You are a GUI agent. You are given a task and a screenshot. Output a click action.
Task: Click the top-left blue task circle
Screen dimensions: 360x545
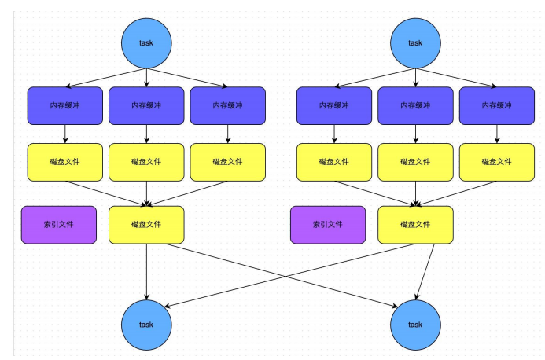pyautogui.click(x=146, y=42)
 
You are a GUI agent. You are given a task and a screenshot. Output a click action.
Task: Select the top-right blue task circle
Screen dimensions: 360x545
pyautogui.click(x=415, y=42)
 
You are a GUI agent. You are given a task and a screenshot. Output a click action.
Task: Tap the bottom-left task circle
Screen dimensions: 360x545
pyautogui.click(x=146, y=324)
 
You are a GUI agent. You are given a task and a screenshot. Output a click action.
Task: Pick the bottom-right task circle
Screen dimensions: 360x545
pyautogui.click(x=415, y=324)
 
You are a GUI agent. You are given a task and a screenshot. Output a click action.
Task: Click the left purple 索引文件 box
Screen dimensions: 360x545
pyautogui.click(x=59, y=225)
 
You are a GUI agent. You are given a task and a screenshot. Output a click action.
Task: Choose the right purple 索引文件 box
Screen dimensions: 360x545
pyautogui.click(x=328, y=225)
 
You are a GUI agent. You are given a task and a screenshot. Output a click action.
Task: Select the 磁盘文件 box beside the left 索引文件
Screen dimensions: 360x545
pyautogui.click(x=146, y=225)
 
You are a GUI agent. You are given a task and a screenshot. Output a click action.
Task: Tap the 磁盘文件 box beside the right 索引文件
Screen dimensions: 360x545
pyautogui.click(x=415, y=225)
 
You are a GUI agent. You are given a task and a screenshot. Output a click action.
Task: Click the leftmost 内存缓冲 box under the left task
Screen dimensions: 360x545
pyautogui.click(x=64, y=105)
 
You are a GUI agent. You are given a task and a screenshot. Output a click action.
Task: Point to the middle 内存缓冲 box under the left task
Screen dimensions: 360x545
pyautogui.click(x=146, y=105)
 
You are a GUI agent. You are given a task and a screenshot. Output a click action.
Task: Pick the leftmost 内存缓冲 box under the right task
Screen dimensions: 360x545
pyautogui.click(x=333, y=105)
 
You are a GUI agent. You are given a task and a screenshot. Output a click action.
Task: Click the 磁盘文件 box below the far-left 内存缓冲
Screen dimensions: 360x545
pyautogui.click(x=64, y=162)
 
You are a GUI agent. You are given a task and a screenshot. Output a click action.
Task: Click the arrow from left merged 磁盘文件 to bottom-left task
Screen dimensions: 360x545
pyautogui.click(x=147, y=271)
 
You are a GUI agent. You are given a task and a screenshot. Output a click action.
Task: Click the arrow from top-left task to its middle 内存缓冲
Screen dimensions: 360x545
pyautogui.click(x=147, y=76)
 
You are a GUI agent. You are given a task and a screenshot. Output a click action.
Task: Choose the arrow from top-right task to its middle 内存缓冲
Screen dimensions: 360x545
pyautogui.click(x=416, y=76)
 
